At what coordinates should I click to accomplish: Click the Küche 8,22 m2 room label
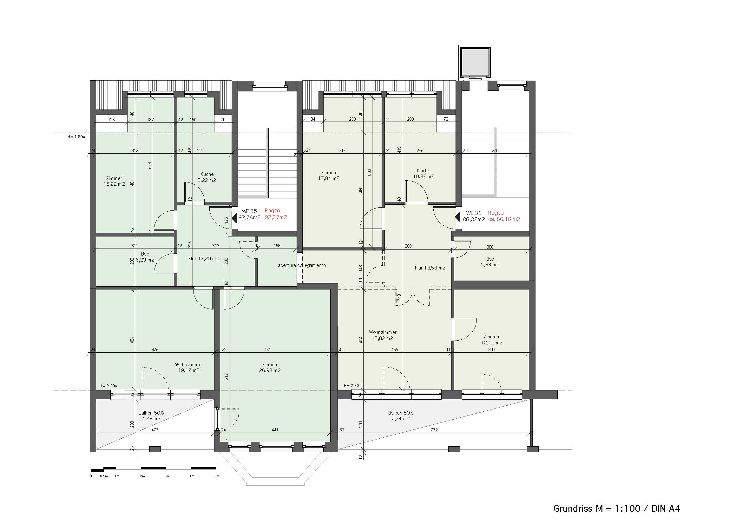207,177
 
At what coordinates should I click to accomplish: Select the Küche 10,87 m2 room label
424,174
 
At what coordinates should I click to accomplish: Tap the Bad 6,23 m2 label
145,257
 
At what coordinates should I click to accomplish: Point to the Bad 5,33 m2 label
490,262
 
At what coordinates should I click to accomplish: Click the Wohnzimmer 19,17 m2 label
189,368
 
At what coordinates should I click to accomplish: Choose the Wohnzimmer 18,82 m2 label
383,335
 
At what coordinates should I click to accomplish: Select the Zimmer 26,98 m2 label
270,368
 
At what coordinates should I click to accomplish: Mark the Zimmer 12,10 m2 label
491,340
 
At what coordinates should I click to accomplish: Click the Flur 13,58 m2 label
430,268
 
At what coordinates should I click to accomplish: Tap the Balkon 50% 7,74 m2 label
401,416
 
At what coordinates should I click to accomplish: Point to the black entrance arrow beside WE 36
458,216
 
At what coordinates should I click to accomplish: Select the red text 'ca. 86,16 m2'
504,219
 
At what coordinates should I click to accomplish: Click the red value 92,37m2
276,217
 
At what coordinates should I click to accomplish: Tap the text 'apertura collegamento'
302,265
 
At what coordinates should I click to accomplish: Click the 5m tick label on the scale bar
217,476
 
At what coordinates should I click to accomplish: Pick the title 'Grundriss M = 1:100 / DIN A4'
617,508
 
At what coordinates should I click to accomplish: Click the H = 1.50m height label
76,137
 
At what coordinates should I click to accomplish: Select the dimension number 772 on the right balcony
434,430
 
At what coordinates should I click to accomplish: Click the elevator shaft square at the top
476,62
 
